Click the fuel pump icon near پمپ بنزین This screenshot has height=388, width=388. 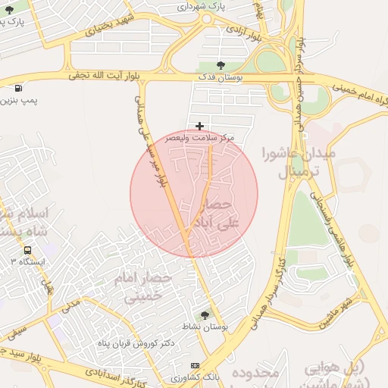click(x=17, y=89)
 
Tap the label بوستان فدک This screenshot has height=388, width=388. click(x=219, y=77)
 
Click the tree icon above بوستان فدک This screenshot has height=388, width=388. click(x=221, y=64)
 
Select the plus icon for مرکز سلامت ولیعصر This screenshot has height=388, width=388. click(x=199, y=126)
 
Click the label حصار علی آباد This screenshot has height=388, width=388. click(x=223, y=214)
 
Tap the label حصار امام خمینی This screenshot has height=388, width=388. click(x=143, y=288)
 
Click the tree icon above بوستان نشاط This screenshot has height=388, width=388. click(x=204, y=314)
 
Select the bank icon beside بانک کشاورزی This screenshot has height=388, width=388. click(x=196, y=365)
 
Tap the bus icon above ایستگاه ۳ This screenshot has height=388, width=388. click(x=27, y=250)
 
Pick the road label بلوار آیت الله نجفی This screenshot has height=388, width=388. click(x=106, y=76)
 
